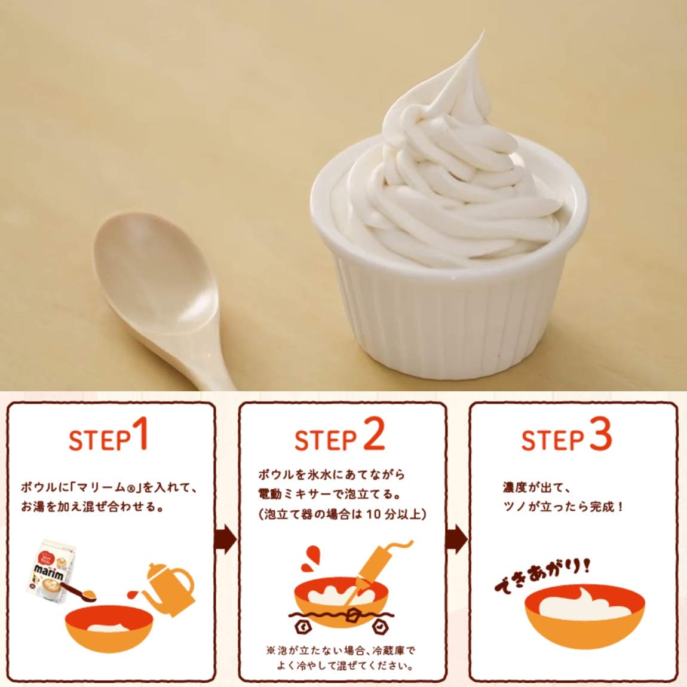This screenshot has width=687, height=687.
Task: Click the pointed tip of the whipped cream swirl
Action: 483,32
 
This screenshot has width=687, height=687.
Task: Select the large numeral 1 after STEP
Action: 140,433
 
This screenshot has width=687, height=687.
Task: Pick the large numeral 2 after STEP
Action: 374,434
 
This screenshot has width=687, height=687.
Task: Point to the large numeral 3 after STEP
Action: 600,434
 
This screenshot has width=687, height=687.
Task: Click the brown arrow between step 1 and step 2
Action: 226,539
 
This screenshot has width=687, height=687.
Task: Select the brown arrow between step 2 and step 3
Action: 457,539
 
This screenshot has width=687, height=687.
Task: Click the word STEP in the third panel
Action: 553,440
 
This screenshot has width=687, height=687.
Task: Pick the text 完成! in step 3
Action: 606,507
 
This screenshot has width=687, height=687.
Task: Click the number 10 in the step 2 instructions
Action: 374,514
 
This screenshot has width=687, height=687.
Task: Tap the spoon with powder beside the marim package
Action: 79,591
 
